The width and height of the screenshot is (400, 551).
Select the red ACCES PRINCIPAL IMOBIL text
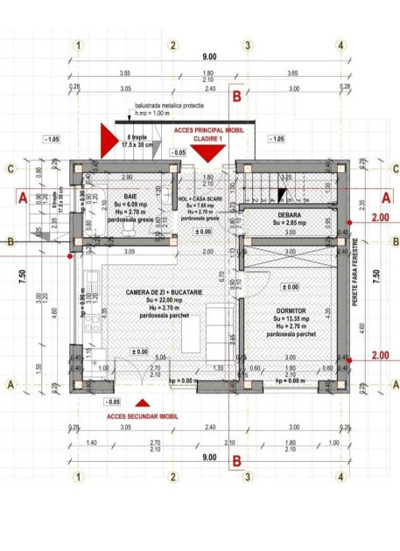coord(210,129)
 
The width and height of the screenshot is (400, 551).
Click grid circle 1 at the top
coord(80,45)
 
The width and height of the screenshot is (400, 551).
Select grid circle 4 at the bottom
coord(340,478)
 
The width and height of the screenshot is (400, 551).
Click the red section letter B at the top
coord(235,89)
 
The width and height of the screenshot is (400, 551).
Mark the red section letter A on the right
coord(386,197)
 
